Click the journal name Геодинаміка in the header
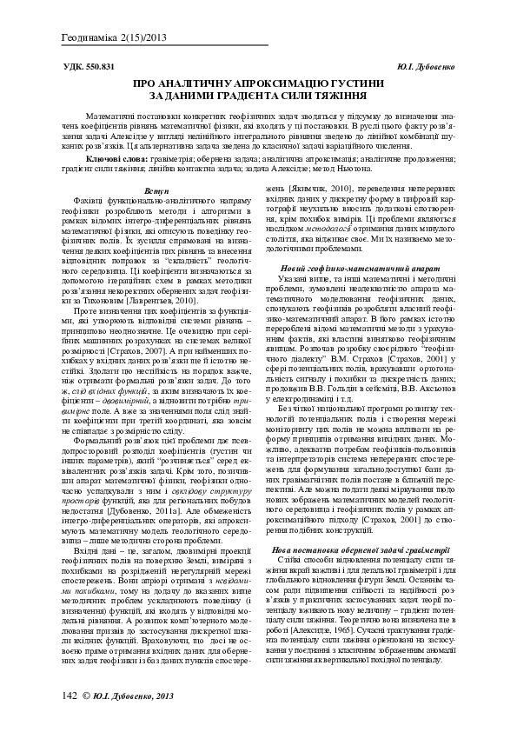coord(92,38)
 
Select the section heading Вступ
coord(156,190)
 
